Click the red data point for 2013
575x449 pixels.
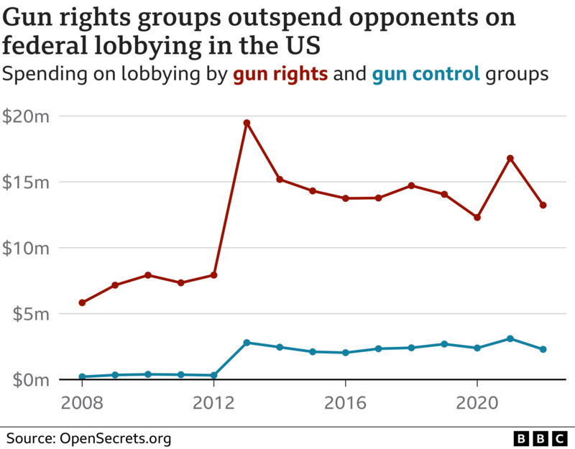click(247, 123)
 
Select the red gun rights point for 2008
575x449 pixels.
click(82, 302)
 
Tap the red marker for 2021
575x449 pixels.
click(510, 158)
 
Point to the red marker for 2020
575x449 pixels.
click(477, 217)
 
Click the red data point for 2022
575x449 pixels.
click(543, 205)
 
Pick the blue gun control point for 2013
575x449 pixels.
click(247, 343)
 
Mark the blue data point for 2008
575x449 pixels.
click(82, 376)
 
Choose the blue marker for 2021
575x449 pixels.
click(510, 338)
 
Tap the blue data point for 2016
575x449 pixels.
click(346, 353)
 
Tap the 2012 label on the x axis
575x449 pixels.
click(213, 402)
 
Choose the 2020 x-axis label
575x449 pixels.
click(477, 402)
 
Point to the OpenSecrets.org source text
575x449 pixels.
click(115, 438)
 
